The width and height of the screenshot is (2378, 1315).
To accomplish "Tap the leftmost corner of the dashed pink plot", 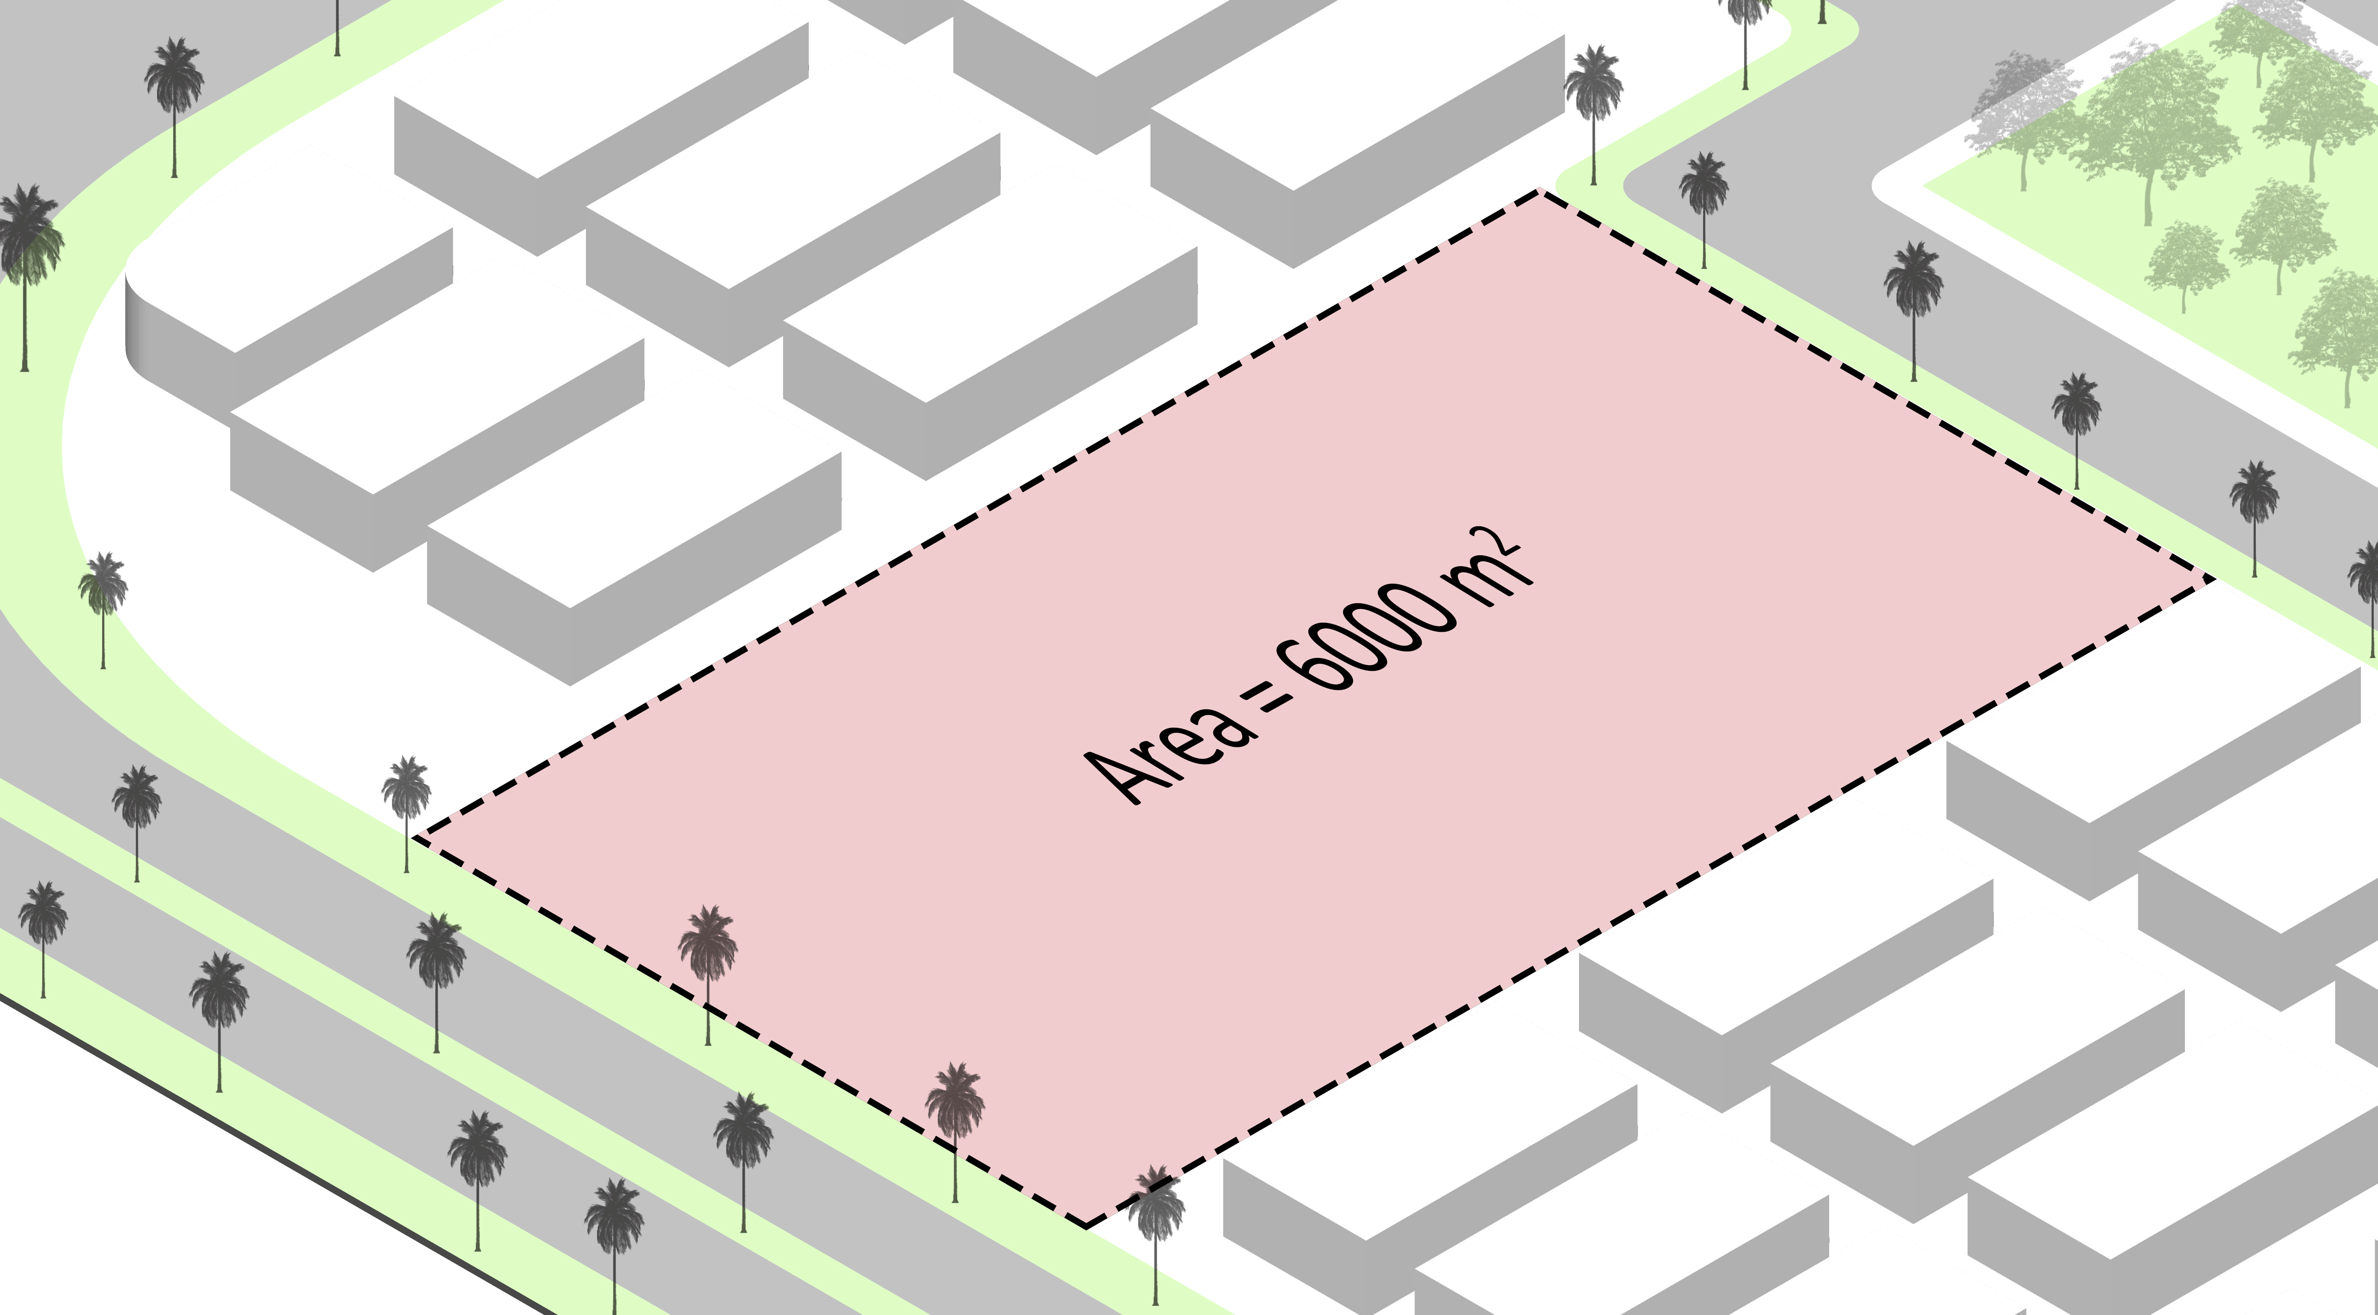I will [415, 838].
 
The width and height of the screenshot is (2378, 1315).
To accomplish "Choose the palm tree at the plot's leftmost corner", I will [406, 803].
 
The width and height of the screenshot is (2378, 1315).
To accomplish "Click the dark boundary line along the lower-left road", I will [277, 1153].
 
